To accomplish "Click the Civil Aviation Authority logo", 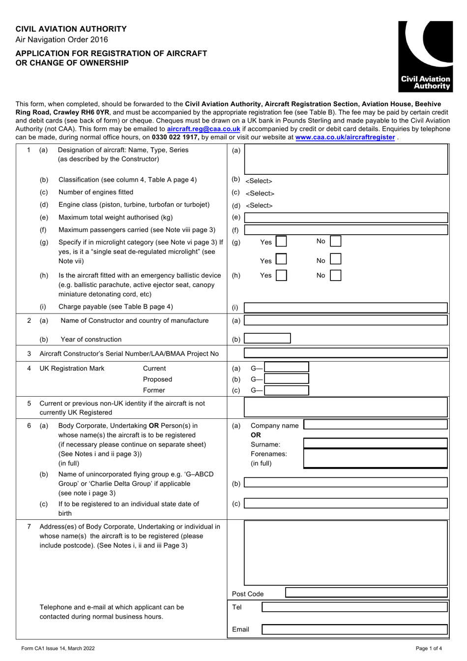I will [x=425, y=56].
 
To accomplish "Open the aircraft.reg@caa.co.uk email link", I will [x=204, y=129].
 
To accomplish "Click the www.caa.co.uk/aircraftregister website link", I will [x=345, y=137].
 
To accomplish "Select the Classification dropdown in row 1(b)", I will [x=259, y=181].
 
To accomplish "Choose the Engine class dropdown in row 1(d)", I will [x=259, y=206].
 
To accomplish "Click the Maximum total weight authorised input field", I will [x=346, y=218].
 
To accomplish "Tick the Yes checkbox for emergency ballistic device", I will [x=281, y=276].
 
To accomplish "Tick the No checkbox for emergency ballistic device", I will [x=336, y=276].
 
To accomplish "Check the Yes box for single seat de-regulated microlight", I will [x=281, y=259].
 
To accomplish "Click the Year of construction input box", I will [x=267, y=339].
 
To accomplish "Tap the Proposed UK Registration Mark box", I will [x=287, y=379].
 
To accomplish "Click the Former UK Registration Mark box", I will [x=287, y=390].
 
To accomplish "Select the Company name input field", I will [x=376, y=425].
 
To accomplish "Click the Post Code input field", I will [x=366, y=593].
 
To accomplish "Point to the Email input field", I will [x=354, y=630].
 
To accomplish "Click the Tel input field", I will [x=354, y=607].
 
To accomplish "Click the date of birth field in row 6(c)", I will [x=346, y=504].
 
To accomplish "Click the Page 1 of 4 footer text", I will [x=429, y=648].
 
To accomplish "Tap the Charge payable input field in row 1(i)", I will [x=346, y=308].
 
